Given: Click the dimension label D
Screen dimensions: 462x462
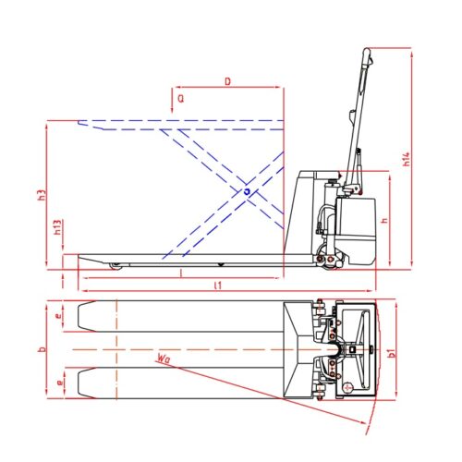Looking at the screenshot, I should [x=227, y=81].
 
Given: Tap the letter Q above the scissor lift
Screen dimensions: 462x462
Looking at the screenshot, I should [x=180, y=96].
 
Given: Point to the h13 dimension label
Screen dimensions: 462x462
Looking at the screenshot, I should [x=57, y=227].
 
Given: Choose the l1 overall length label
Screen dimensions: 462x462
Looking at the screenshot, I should [x=218, y=286].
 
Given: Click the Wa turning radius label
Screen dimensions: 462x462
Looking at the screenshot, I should [x=164, y=354].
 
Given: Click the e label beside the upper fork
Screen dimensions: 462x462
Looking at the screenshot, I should [x=58, y=317].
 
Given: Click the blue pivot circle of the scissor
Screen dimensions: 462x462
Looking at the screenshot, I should [x=247, y=191].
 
